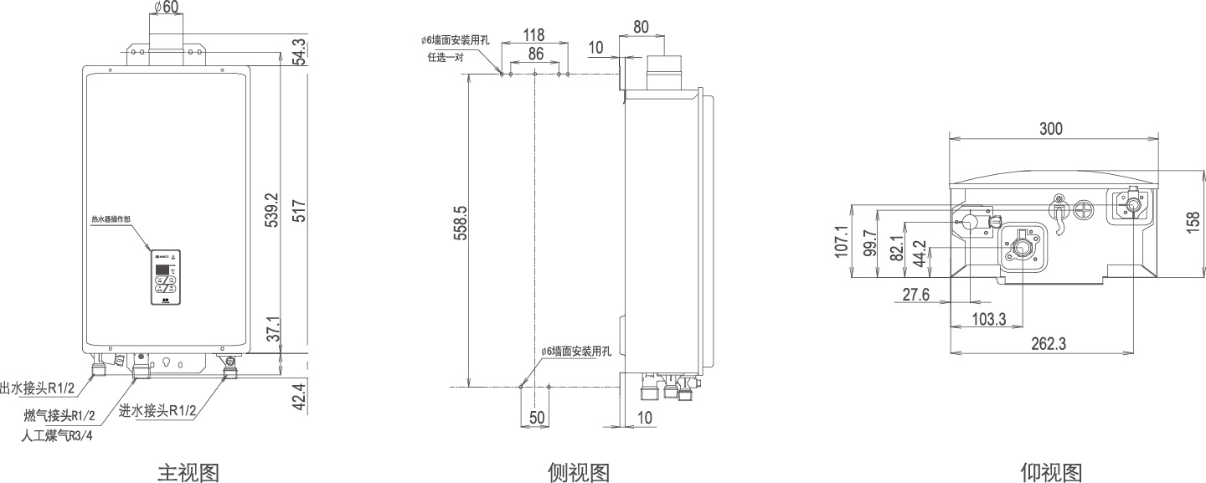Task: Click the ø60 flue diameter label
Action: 167,8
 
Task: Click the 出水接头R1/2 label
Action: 38,388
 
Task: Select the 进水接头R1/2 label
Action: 157,411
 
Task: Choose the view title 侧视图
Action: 578,472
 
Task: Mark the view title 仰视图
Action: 1051,472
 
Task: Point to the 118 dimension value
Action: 533,35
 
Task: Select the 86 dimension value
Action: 536,54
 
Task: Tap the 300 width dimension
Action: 1051,128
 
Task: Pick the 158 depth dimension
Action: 1193,222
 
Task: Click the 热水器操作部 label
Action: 111,218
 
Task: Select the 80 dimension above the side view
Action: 641,26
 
